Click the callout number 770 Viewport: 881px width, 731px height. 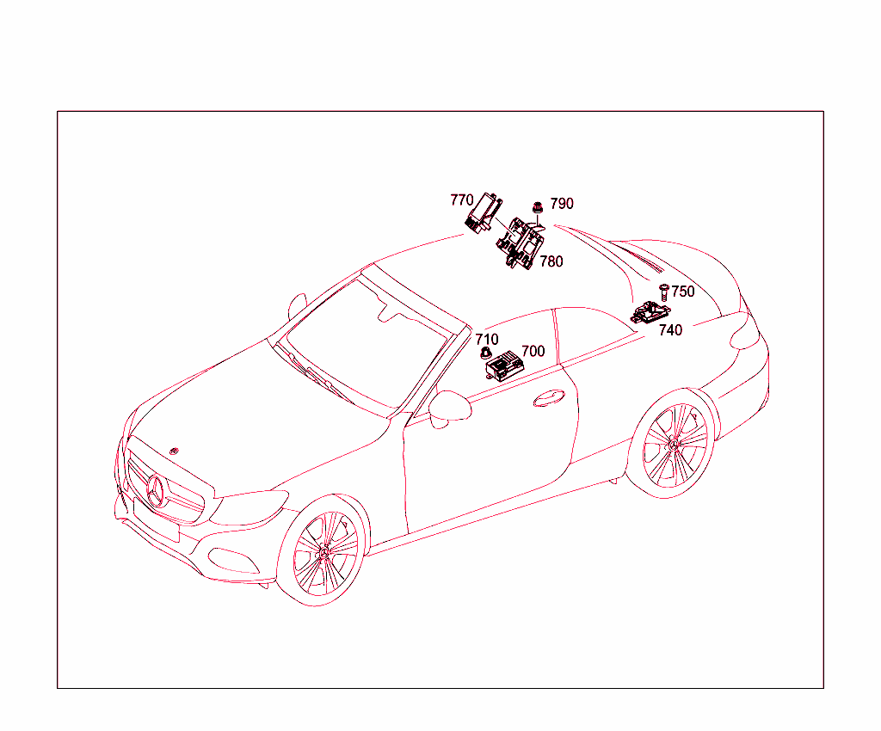pos(462,200)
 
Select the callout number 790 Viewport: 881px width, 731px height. pos(561,203)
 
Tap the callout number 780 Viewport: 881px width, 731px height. pos(551,261)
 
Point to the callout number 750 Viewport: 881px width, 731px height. pos(682,292)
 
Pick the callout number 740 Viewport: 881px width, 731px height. pos(670,330)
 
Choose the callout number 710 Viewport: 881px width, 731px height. pos(487,340)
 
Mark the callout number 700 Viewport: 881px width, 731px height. pos(533,352)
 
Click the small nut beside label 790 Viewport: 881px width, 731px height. pos(538,208)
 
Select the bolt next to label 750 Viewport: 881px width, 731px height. pos(663,292)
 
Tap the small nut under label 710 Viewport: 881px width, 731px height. pos(485,353)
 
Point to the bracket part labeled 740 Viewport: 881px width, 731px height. pos(650,313)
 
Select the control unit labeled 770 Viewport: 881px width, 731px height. pos(484,213)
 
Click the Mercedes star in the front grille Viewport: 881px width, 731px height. pos(157,490)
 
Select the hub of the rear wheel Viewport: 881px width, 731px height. pos(675,444)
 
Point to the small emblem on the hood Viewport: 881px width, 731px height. pos(174,451)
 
